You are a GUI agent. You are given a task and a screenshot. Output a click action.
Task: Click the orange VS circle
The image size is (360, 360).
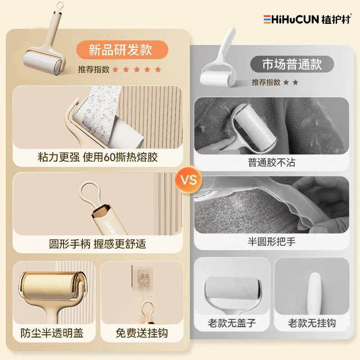(189, 180)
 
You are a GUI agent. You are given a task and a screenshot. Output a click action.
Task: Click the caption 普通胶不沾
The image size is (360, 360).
(271, 162)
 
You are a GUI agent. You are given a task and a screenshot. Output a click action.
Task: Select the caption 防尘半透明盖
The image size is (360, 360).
(52, 333)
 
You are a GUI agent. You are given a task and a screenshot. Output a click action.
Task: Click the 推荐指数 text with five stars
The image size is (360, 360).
(119, 69)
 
